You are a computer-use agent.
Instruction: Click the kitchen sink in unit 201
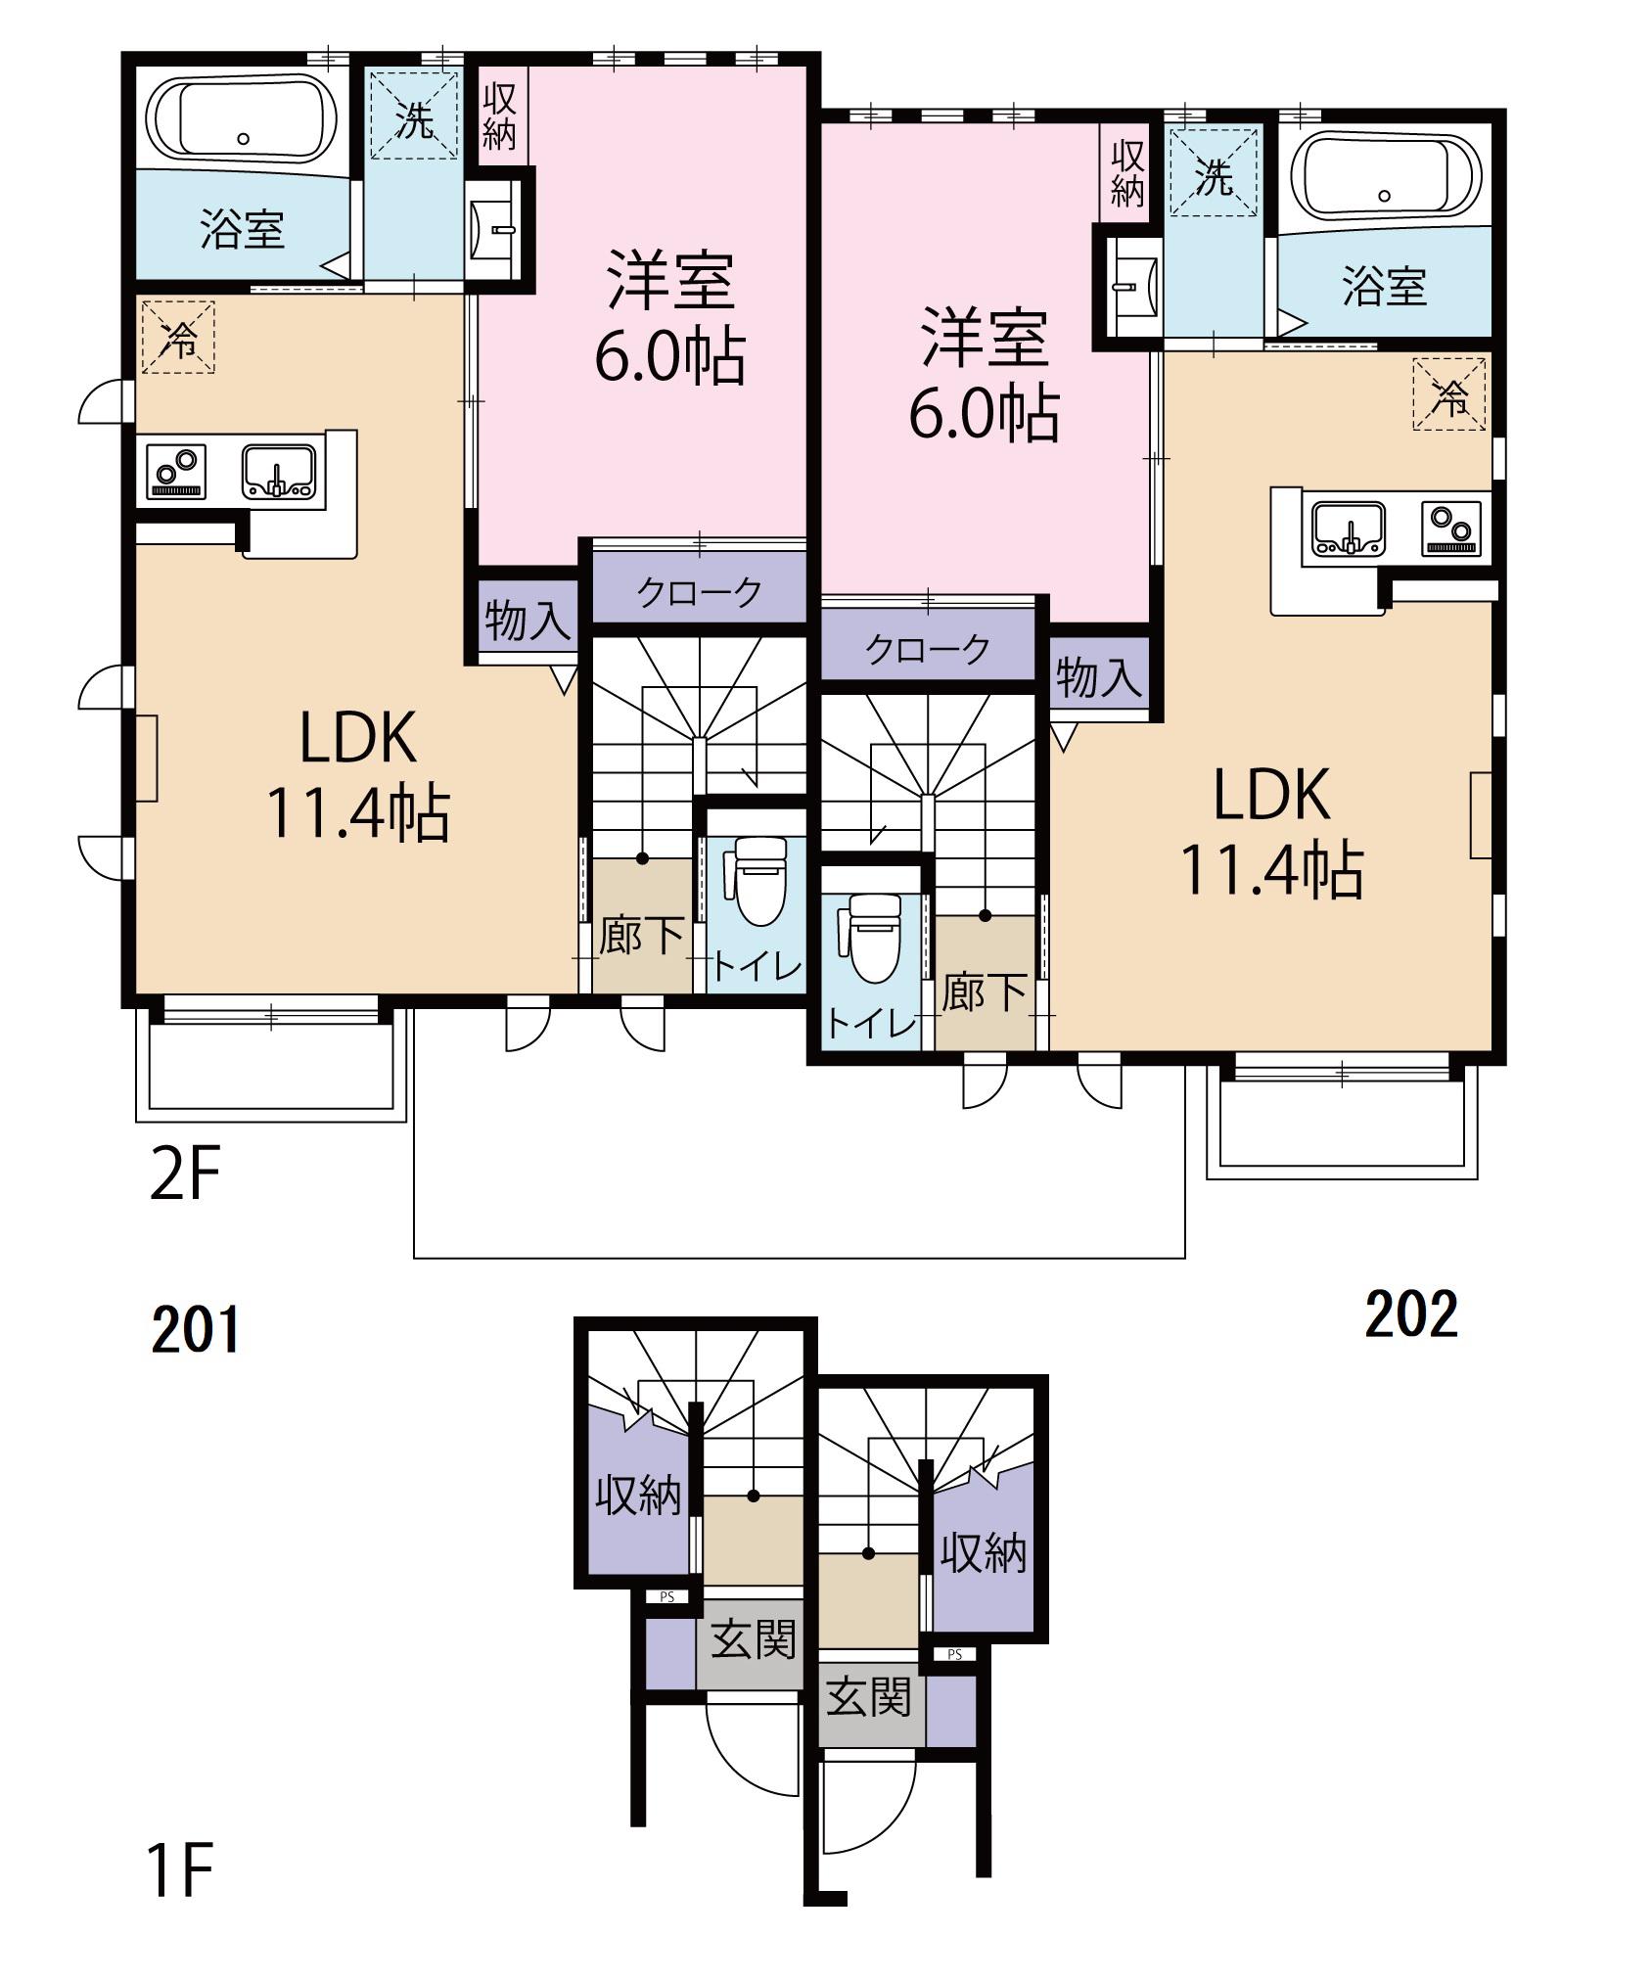pos(279,472)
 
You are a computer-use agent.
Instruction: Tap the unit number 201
pos(196,1331)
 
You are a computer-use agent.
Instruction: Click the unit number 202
pos(1411,1314)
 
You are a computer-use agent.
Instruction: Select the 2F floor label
pos(185,1174)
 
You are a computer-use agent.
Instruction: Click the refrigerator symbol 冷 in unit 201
pos(178,338)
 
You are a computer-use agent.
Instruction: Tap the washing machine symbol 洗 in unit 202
pos(1214,177)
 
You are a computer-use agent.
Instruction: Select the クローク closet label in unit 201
pos(699,591)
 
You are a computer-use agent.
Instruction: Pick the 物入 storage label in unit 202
pos(1099,677)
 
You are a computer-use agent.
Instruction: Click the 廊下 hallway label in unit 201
pos(641,936)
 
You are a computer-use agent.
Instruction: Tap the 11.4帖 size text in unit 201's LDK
pos(358,814)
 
